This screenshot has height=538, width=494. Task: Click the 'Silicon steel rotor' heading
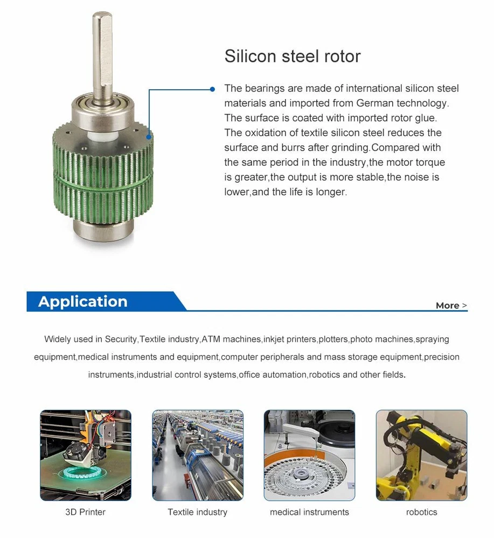(293, 56)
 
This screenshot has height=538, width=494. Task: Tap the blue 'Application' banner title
(83, 301)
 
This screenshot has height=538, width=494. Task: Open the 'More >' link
(451, 306)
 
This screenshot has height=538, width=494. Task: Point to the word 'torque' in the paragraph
(430, 162)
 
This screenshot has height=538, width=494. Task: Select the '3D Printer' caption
(85, 512)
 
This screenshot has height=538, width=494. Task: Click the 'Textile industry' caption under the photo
(198, 512)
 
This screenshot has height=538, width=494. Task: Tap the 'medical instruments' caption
(309, 512)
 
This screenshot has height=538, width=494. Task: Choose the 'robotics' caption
(421, 512)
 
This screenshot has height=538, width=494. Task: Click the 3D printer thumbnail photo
(86, 455)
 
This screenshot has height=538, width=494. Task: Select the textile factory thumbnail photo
(198, 455)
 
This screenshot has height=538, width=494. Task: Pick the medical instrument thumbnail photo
(310, 455)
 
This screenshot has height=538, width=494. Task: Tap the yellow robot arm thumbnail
(421, 455)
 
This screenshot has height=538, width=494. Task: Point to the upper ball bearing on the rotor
(102, 110)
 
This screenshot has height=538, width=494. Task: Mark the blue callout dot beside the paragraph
(212, 89)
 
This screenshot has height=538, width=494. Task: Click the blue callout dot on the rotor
(149, 137)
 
